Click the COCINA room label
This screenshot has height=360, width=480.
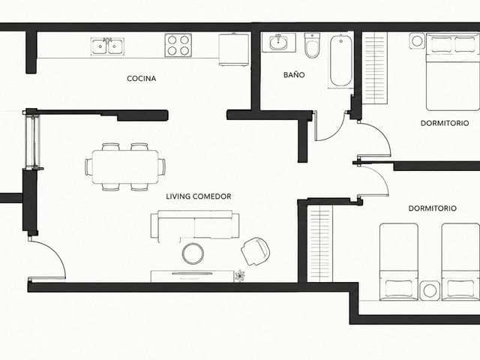coord(142,78)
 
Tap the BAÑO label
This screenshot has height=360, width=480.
coord(294,74)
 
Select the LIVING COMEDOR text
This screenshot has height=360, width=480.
coord(198,196)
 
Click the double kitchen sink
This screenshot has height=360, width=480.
coord(107,46)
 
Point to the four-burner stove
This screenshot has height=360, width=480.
coord(178,45)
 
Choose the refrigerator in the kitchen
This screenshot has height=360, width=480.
coord(233,49)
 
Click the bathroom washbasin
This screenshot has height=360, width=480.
coord(278,43)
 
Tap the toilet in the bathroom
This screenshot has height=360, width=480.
coord(312,45)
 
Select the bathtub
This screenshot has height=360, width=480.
coord(340,61)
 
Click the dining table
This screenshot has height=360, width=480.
coord(125,166)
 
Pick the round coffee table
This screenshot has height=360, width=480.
coord(193,253)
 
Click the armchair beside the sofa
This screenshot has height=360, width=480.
coord(255,250)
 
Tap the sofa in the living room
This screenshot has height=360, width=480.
coord(195,226)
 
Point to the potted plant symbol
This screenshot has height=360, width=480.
coord(240,276)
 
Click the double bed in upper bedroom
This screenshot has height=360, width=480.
coord(453,72)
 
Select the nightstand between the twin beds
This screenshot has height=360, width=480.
coord(430,290)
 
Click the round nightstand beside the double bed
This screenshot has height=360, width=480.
coord(417,40)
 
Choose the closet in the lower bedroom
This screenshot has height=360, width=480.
coord(320,244)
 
